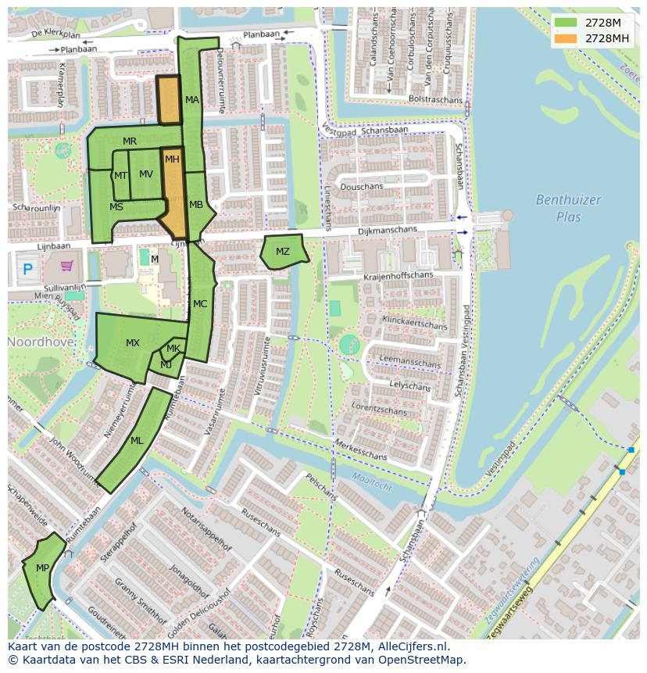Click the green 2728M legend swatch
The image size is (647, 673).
566,23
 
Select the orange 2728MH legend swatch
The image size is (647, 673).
566,38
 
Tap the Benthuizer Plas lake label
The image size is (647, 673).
568,208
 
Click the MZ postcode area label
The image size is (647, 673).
282,252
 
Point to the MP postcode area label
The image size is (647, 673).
42,567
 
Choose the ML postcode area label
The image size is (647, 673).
137,441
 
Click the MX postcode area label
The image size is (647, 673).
133,343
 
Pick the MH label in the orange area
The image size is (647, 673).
172,159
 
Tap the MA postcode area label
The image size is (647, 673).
192,100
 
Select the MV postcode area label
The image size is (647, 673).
146,174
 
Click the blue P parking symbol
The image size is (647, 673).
28,270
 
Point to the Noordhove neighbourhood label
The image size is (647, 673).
41,342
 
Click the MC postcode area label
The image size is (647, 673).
200,304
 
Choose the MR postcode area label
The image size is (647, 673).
130,141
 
